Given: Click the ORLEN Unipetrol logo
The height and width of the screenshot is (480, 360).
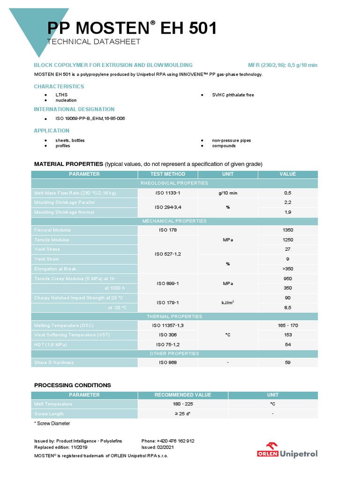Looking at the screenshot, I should point(287,450).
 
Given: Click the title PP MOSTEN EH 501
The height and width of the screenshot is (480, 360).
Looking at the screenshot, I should point(132,29).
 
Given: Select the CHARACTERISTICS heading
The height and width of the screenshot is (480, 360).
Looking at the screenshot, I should point(59,86).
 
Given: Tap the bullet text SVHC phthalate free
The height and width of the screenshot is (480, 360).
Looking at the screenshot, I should point(233,95).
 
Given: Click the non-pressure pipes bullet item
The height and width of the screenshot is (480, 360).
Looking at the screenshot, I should point(232,140).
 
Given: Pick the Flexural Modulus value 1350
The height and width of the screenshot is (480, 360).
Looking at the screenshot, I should point(287,230).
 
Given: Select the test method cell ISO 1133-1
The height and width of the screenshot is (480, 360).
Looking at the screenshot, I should point(168,193).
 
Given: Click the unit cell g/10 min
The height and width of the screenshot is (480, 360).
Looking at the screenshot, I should point(227,193).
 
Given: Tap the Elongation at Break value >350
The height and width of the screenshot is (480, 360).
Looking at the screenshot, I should point(287,269).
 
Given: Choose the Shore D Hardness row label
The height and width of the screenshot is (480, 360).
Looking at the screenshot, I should point(54,362).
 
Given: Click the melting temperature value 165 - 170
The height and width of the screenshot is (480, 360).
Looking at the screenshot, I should point(287,325).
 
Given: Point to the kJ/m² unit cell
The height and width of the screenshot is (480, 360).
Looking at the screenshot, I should point(227,303).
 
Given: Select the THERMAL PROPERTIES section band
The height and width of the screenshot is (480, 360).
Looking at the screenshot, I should point(174,316).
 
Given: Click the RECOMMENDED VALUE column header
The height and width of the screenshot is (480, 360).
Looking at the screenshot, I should point(183,395).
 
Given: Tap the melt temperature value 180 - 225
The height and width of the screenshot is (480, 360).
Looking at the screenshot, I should point(183,404).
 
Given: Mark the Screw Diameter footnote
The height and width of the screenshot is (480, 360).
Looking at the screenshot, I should point(52,423).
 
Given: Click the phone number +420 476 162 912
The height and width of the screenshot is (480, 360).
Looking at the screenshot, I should point(168,441).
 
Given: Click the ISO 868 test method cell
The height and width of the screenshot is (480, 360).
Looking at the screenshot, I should point(168,362).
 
